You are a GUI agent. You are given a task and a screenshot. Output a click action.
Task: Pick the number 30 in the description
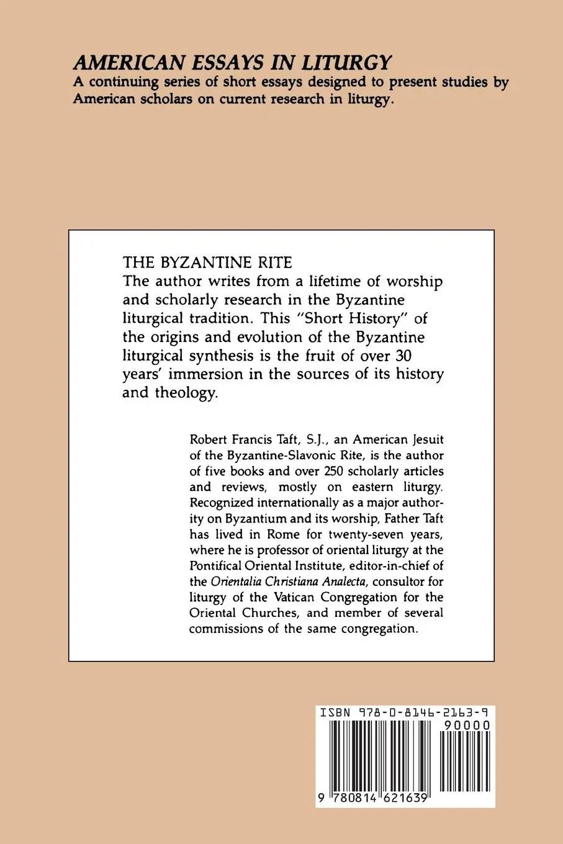click(413, 356)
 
